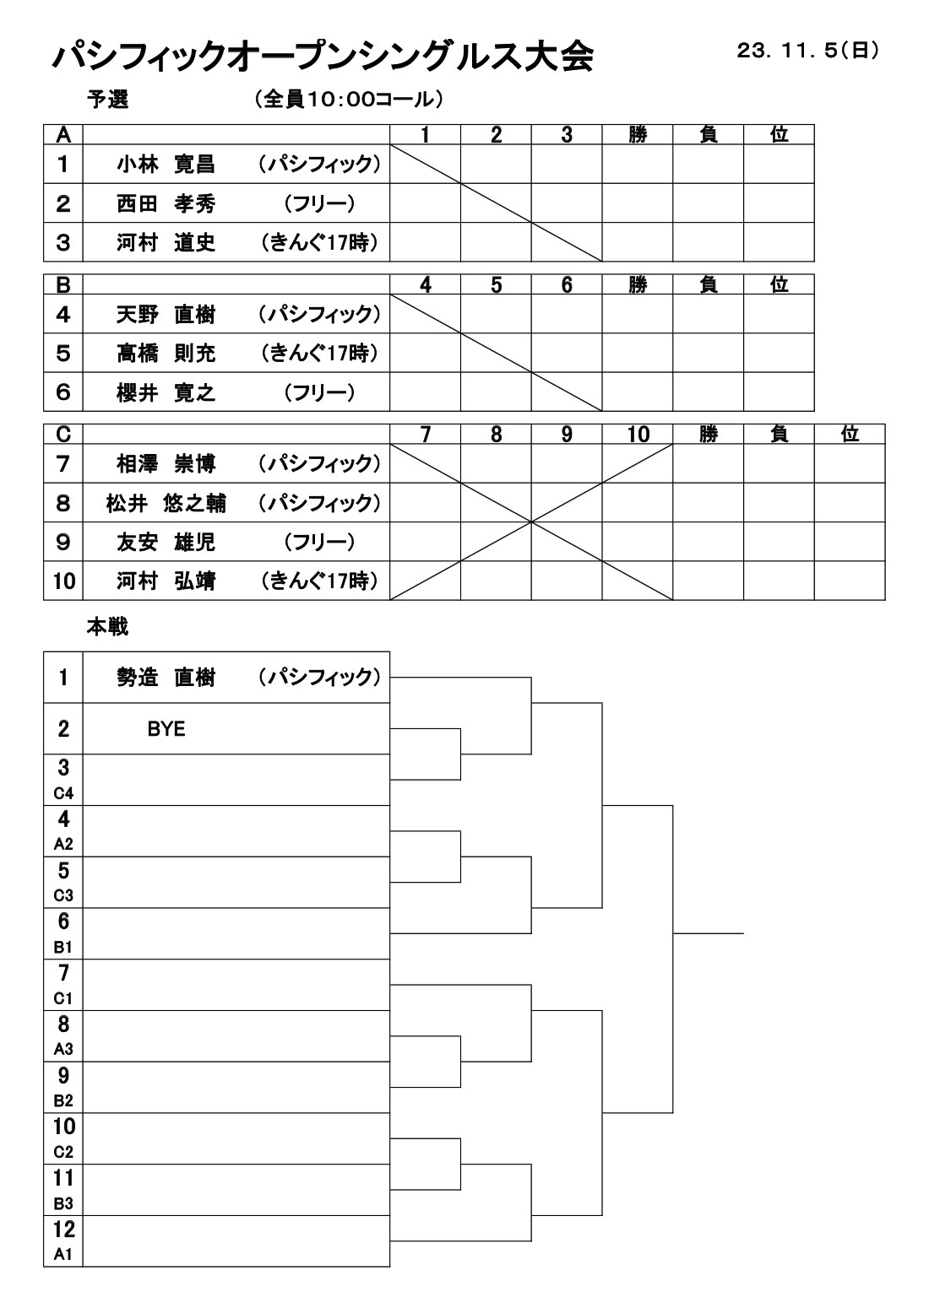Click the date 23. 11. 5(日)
(x=807, y=51)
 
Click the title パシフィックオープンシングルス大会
(x=323, y=57)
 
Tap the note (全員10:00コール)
(x=349, y=100)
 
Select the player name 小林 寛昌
(x=166, y=164)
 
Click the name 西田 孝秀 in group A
(x=166, y=203)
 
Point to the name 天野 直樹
(x=166, y=315)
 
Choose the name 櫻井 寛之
(x=166, y=392)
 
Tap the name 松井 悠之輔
(x=166, y=503)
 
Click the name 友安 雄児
(x=166, y=542)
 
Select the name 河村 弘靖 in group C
(x=166, y=581)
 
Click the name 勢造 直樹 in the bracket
(x=166, y=678)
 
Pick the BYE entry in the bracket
(x=166, y=729)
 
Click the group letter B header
(x=63, y=285)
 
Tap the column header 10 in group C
(x=638, y=435)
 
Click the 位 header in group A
(x=779, y=134)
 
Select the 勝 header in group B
(x=638, y=284)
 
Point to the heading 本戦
(x=107, y=627)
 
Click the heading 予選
(x=107, y=100)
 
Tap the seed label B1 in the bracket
(x=63, y=947)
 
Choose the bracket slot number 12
(x=63, y=1230)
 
